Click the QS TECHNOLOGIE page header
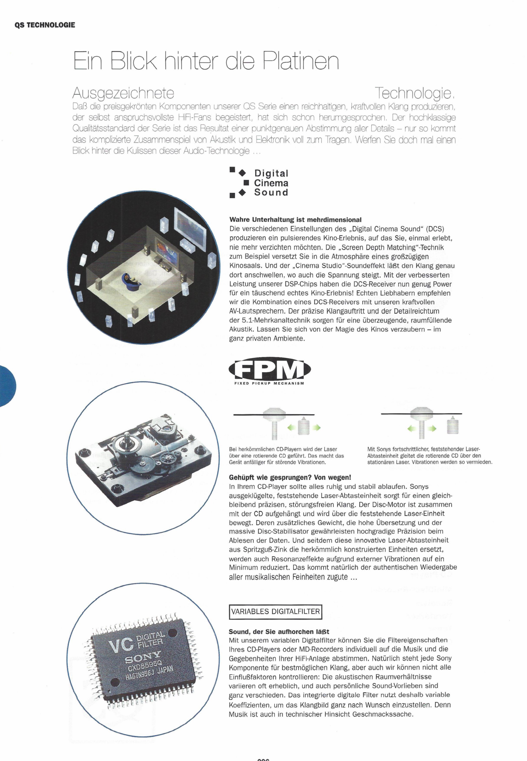[x=45, y=25]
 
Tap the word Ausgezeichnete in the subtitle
[x=123, y=94]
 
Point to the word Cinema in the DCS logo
[x=271, y=183]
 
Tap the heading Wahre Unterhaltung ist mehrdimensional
[x=295, y=220]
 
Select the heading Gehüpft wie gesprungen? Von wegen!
[x=290, y=477]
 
